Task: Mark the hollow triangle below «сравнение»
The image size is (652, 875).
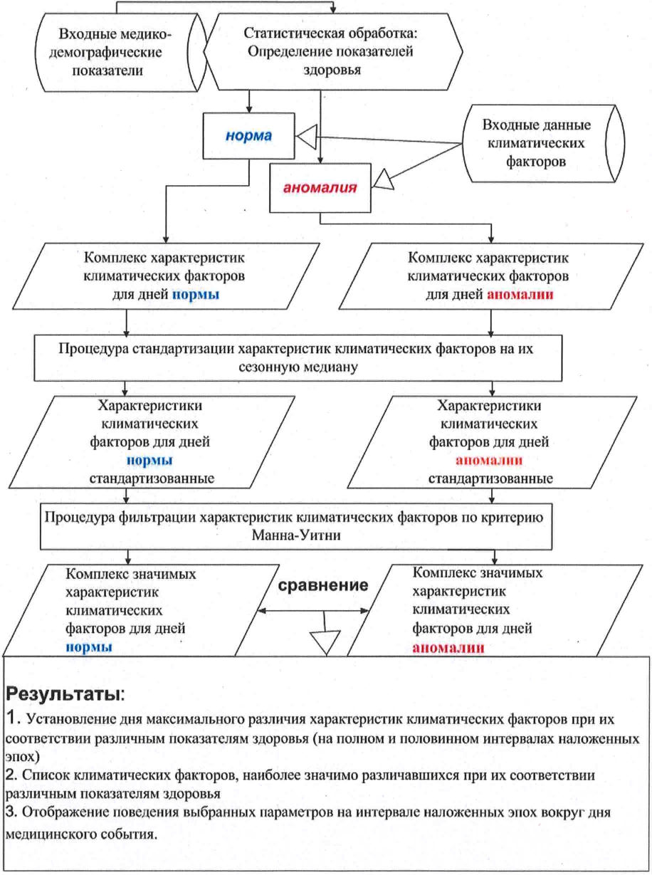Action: pos(324,643)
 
